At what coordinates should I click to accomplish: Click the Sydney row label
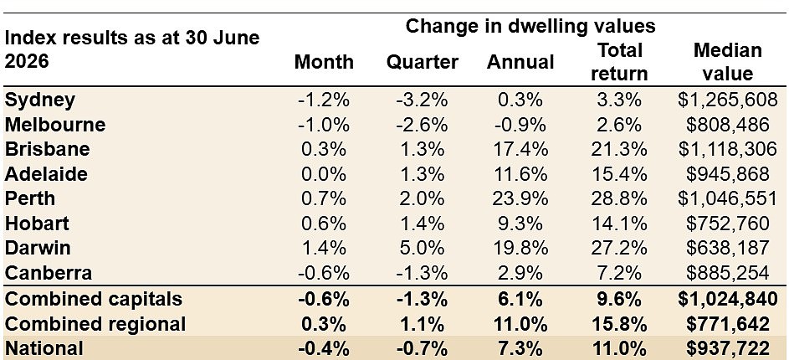40,100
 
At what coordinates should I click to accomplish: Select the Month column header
324,63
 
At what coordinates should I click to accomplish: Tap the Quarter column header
423,63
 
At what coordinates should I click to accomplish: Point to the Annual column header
520,63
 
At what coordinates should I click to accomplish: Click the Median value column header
728,63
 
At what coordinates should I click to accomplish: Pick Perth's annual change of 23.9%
520,199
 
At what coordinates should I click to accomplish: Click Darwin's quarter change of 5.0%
423,248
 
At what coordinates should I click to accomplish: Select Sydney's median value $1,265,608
728,100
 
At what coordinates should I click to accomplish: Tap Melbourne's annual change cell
520,125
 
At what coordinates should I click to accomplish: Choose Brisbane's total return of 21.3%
619,150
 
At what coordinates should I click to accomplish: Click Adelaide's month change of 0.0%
324,174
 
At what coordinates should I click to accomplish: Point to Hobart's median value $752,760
728,224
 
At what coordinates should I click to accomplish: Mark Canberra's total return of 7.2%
619,273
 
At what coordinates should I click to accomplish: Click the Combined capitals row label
94,299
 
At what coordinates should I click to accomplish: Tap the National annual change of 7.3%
520,348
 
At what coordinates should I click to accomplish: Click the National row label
44,348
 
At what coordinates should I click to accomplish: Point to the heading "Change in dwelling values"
530,26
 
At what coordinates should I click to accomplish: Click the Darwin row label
38,248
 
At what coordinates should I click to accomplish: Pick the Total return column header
619,63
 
